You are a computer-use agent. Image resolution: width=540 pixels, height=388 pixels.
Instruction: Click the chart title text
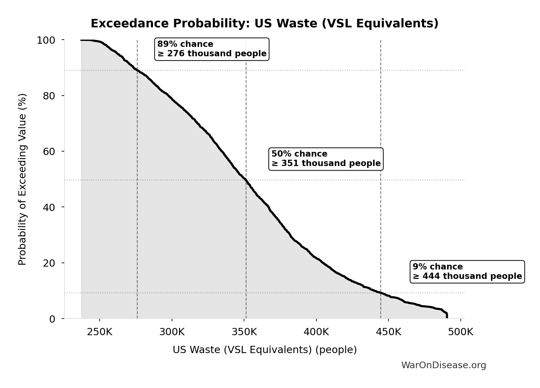click(x=264, y=24)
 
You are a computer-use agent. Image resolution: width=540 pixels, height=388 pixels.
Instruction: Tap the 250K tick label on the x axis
click(x=100, y=332)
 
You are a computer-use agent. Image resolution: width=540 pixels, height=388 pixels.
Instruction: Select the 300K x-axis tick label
click(x=172, y=332)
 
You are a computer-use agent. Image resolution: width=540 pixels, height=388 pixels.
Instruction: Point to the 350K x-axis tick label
click(x=244, y=332)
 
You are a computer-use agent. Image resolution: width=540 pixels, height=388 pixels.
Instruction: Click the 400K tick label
click(x=316, y=332)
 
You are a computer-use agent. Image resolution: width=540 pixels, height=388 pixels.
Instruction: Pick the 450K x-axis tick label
click(x=388, y=332)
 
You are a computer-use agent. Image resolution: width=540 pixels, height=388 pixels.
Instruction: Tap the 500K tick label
click(x=461, y=332)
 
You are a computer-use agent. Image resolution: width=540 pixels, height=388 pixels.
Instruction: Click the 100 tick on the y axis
click(x=46, y=40)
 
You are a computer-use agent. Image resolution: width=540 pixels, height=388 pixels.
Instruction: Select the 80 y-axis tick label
click(x=49, y=96)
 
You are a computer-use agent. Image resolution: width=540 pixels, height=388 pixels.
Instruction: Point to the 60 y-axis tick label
click(x=49, y=152)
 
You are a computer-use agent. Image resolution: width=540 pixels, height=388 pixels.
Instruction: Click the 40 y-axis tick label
click(x=49, y=207)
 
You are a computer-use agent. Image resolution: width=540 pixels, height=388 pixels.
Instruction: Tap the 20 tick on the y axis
click(x=49, y=263)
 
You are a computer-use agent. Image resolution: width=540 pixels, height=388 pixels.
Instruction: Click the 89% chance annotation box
click(x=212, y=49)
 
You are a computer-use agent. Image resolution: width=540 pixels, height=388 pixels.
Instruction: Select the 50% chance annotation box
click(x=326, y=159)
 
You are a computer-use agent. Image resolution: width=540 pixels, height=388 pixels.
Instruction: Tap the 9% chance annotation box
click(x=467, y=272)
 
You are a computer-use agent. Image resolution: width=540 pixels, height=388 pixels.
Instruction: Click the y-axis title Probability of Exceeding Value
click(x=22, y=179)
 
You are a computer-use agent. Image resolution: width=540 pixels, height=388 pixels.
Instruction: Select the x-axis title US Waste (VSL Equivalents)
click(x=264, y=350)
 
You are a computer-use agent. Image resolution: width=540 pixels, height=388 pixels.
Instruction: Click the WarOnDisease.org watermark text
click(x=443, y=365)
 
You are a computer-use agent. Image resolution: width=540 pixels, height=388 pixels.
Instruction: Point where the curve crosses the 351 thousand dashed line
click(x=246, y=180)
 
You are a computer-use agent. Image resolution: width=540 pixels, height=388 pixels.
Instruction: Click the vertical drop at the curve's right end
click(x=447, y=315)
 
